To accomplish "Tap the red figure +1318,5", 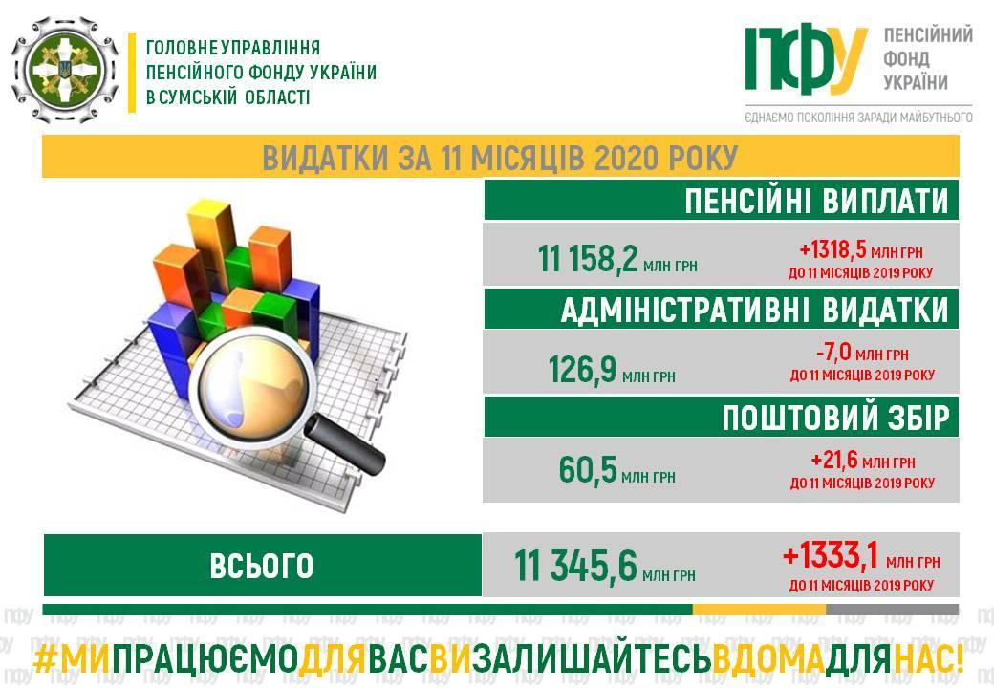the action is coord(832,250).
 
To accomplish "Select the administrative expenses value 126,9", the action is coord(583,369).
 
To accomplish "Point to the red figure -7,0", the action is coord(833,353).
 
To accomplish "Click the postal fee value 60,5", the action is coord(588,469).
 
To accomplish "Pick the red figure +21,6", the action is coord(834,461).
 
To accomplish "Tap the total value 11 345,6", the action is coord(575,566).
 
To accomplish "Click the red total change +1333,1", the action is coord(831,555).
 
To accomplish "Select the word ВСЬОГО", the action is coord(261,566).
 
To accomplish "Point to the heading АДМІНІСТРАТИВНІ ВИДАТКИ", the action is coord(754,310).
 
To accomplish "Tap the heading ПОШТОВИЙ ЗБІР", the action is coord(835,419).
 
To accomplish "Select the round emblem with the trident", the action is coord(65,70).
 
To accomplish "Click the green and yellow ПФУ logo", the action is coord(805,59).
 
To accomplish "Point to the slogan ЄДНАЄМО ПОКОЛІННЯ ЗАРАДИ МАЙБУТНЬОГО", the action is coord(858,117).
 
